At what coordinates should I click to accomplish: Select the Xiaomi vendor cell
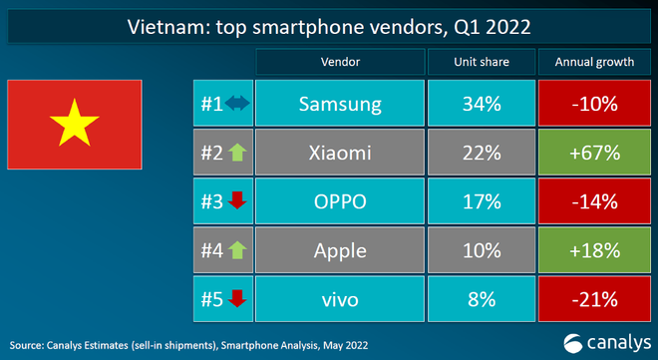point(340,154)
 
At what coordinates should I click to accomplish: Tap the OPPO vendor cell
point(340,201)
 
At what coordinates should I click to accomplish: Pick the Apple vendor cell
point(340,250)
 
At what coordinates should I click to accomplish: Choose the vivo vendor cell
point(340,298)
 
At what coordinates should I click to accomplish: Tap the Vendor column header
point(340,62)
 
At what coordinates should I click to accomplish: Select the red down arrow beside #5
point(237,298)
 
